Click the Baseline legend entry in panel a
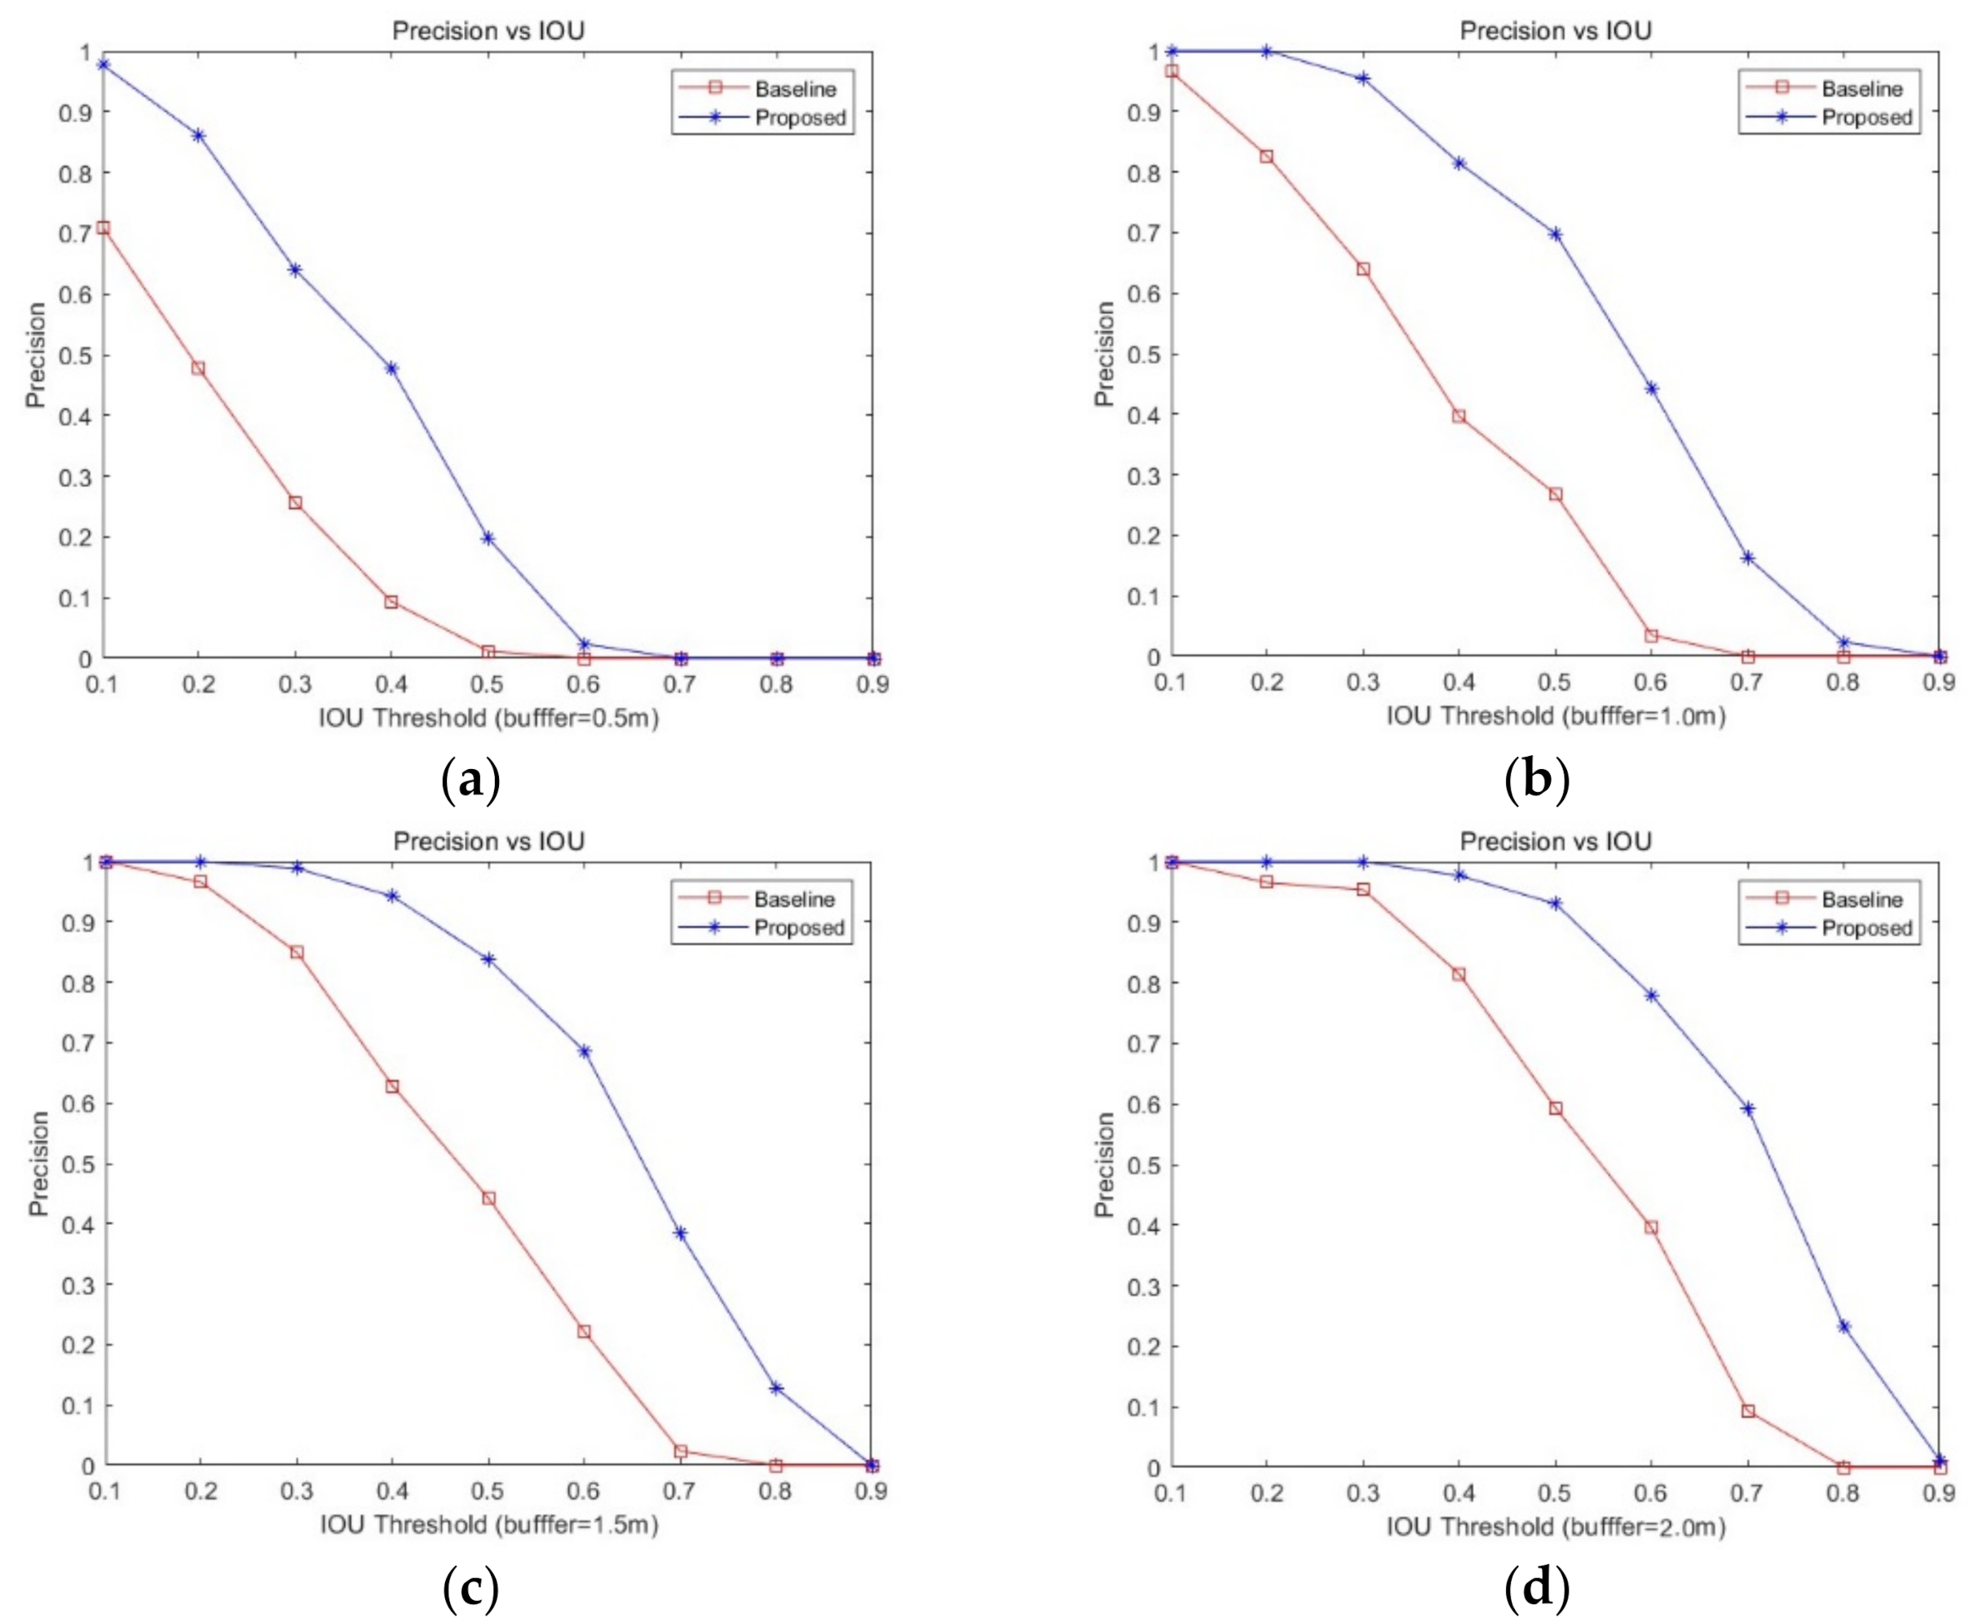coord(795,89)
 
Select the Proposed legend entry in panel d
coord(1865,928)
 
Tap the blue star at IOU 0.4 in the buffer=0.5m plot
coord(391,369)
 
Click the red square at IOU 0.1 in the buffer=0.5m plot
coord(104,228)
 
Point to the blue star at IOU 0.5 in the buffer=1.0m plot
coord(1556,234)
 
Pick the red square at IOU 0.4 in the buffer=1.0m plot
coord(1459,416)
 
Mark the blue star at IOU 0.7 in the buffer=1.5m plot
coord(681,1233)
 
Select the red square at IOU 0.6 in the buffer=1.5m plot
coord(585,1331)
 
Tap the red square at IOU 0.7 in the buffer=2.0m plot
coord(1748,1411)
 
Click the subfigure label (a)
coord(470,779)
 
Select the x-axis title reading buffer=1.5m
coord(489,1525)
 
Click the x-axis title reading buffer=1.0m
coord(1556,716)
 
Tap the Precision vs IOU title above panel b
coord(1556,31)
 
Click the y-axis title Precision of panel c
coord(38,1163)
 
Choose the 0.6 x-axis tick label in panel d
coord(1651,1493)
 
